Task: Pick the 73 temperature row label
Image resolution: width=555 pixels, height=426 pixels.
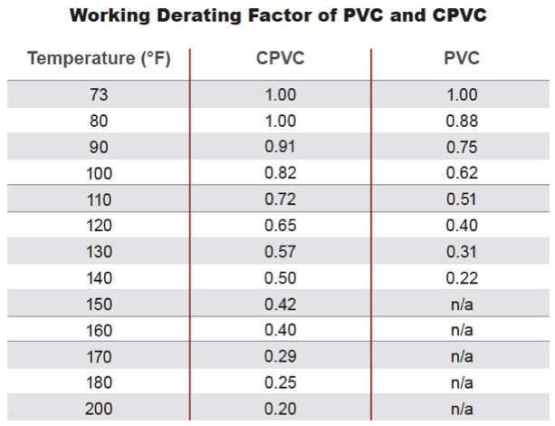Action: pos(100,94)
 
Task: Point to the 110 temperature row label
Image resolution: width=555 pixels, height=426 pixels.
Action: pos(100,199)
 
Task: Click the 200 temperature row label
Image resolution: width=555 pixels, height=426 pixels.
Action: pos(100,409)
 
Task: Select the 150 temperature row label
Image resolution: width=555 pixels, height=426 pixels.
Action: pos(100,304)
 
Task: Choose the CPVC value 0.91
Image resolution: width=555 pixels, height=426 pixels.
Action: pos(281,147)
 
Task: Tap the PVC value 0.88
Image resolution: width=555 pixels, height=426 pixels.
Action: pos(463,121)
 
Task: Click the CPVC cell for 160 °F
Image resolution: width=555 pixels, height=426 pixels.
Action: pos(281,330)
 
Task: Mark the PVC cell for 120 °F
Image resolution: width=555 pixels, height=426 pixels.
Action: pos(463,226)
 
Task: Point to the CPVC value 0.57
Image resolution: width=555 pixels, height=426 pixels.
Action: pos(281,252)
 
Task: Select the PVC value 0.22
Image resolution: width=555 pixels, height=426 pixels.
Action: pos(463,278)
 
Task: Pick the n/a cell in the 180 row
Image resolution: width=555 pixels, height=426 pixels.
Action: pos(463,382)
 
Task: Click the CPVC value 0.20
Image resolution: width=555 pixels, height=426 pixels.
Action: pos(281,409)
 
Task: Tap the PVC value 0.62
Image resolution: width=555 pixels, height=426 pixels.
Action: pos(463,173)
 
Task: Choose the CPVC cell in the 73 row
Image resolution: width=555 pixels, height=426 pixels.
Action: pos(281,94)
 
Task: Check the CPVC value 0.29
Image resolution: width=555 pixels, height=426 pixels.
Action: pos(281,356)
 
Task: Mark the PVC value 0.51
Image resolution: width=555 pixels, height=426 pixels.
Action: pos(463,199)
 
